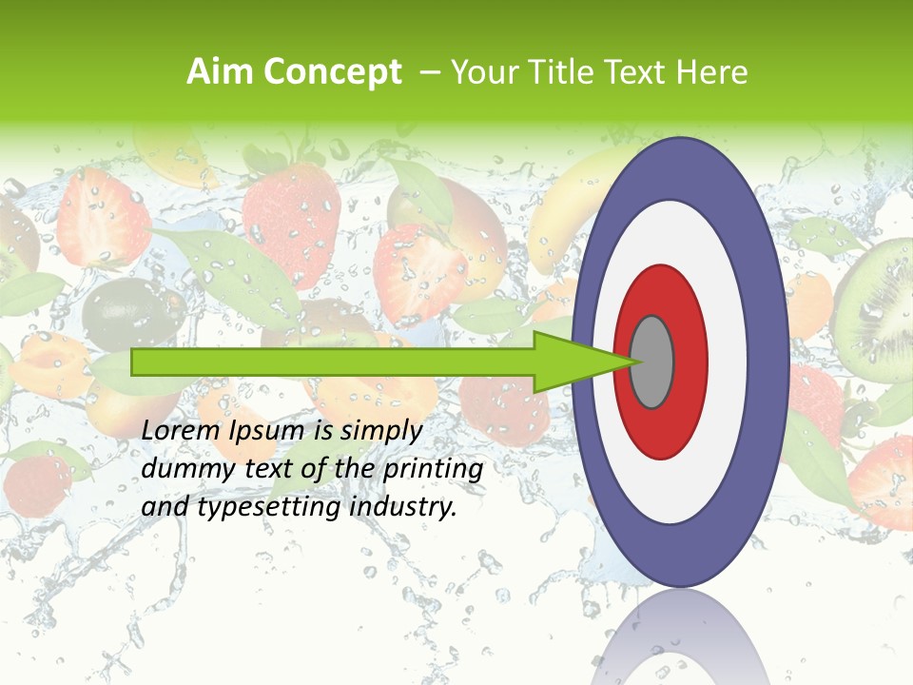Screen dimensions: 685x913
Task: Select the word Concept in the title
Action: point(332,73)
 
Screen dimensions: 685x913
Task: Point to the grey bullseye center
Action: point(652,362)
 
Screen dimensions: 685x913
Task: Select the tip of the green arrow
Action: point(635,362)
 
